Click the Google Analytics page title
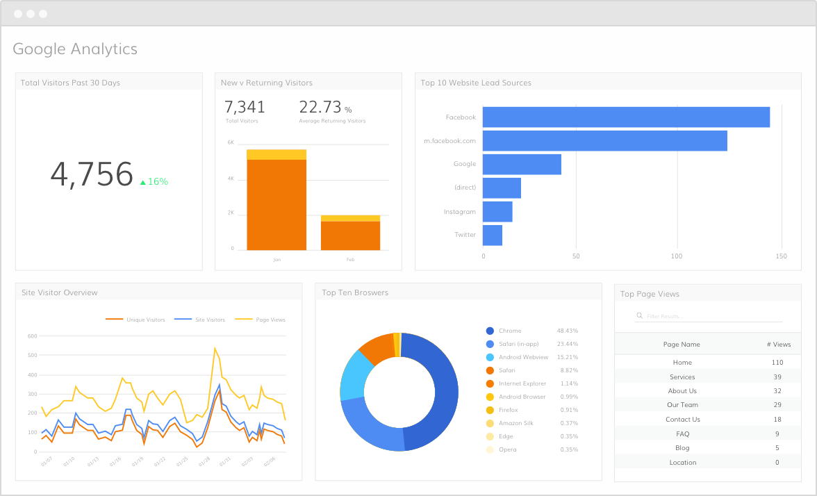click(x=75, y=49)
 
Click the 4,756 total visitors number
click(x=91, y=174)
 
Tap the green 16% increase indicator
click(x=154, y=181)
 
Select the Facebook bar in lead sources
click(x=625, y=117)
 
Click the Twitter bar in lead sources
click(x=492, y=235)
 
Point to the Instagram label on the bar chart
click(x=460, y=211)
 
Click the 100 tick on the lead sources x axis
click(x=677, y=256)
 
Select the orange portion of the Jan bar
click(x=276, y=204)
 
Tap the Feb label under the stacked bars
click(x=350, y=259)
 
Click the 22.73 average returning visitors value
click(x=320, y=107)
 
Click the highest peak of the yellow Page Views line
click(x=215, y=348)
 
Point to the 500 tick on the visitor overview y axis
click(x=32, y=355)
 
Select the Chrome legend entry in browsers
click(x=509, y=331)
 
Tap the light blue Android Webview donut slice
click(x=354, y=376)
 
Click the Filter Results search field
click(x=709, y=316)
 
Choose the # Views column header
click(x=778, y=345)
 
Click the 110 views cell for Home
click(x=777, y=363)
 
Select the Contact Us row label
click(x=682, y=420)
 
